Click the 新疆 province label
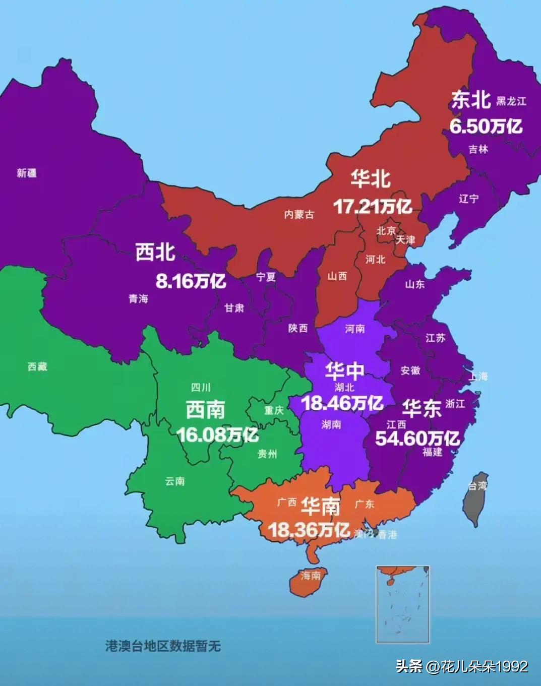pyautogui.click(x=26, y=173)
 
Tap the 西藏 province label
pyautogui.click(x=37, y=367)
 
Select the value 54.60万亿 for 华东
pyautogui.click(x=417, y=439)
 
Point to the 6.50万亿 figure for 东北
pyautogui.click(x=486, y=126)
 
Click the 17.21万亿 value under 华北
pyautogui.click(x=373, y=206)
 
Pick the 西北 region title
pyautogui.click(x=155, y=252)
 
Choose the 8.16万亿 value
pyautogui.click(x=191, y=281)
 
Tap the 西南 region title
pyautogui.click(x=205, y=410)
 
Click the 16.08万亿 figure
pyautogui.click(x=217, y=434)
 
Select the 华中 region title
pyautogui.click(x=344, y=371)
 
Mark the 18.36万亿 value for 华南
pyautogui.click(x=309, y=530)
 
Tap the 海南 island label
pyautogui.click(x=310, y=576)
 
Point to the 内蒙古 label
pyautogui.click(x=299, y=215)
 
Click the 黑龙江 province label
pyautogui.click(x=511, y=101)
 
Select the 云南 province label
pyautogui.click(x=175, y=481)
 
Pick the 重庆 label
pyautogui.click(x=274, y=410)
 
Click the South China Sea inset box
pyautogui.click(x=403, y=604)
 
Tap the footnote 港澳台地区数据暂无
pyautogui.click(x=163, y=646)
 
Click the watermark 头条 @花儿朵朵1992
pyautogui.click(x=461, y=666)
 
